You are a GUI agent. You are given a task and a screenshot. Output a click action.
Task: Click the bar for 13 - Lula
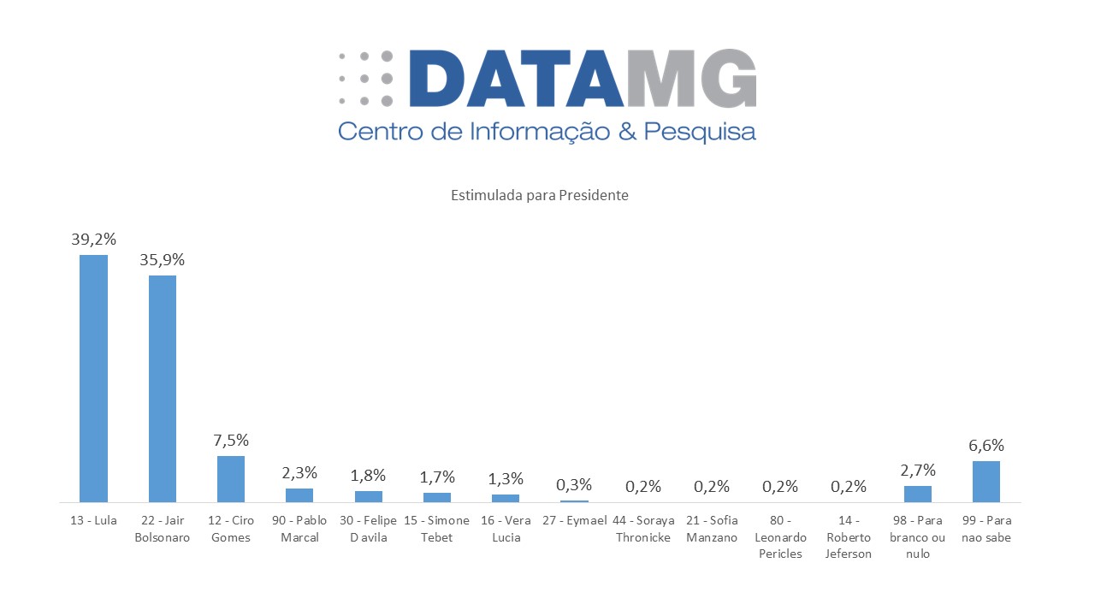(93, 377)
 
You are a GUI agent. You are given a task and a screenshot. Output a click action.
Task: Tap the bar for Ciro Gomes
(231, 478)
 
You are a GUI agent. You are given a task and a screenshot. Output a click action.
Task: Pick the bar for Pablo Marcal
(299, 495)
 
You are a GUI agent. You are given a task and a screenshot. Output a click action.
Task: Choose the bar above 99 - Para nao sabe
(986, 481)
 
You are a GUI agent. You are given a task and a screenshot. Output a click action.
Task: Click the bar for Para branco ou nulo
(918, 494)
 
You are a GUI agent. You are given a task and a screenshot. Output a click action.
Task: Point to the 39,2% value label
(93, 240)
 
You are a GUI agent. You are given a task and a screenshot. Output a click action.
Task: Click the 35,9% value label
(163, 260)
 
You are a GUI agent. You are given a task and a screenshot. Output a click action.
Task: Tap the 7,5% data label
(231, 441)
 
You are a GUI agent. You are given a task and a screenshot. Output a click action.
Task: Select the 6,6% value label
(986, 446)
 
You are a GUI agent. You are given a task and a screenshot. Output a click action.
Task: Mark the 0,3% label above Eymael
(574, 485)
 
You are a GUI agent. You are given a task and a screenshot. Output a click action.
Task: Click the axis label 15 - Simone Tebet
(437, 529)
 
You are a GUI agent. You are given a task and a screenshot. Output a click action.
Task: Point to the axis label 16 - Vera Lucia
(506, 529)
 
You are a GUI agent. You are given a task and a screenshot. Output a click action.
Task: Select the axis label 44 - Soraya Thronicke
(643, 529)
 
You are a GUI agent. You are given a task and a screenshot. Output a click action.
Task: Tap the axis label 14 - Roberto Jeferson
(849, 536)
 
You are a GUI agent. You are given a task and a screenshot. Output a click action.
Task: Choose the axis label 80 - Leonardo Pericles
(779, 536)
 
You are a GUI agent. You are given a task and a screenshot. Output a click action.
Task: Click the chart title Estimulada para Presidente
(540, 195)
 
